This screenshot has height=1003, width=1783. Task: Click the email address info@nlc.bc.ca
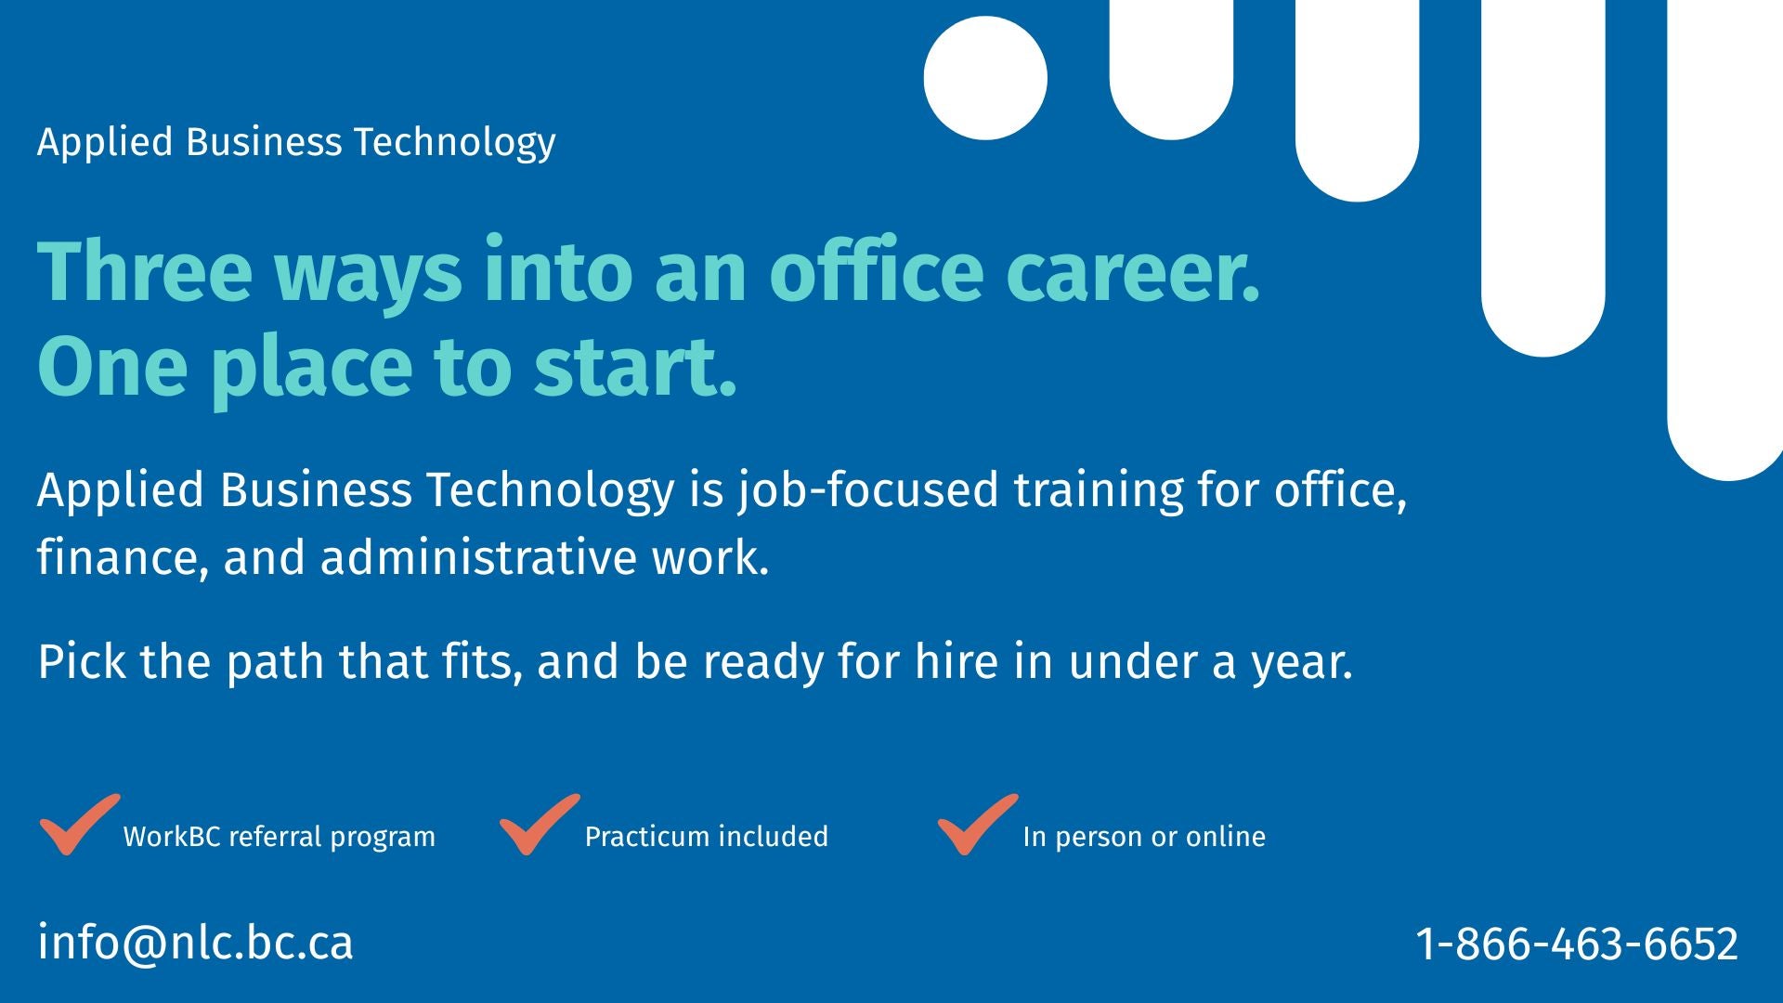coord(196,943)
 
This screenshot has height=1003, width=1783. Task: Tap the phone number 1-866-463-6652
coord(1577,944)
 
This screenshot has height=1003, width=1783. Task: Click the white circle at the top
coord(985,78)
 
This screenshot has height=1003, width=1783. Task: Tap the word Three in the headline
coord(145,271)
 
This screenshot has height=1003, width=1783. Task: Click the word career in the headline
coord(1133,273)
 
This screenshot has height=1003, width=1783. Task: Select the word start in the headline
coord(635,367)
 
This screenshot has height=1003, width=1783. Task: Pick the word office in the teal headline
coord(876,271)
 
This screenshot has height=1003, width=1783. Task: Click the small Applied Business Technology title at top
coord(296,143)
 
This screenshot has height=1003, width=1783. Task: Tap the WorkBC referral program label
coord(280,837)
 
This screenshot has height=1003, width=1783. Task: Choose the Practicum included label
coord(707,837)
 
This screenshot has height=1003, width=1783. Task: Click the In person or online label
coord(1144,837)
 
